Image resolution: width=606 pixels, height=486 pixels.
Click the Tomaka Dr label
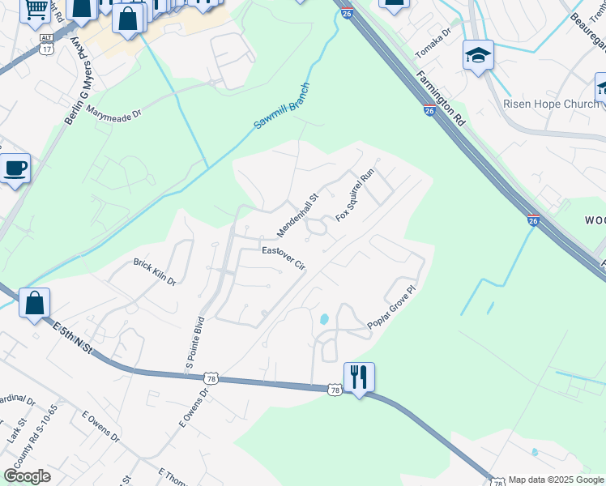click(433, 45)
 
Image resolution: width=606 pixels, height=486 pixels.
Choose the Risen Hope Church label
click(551, 104)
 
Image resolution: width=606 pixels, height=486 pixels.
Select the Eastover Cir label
click(283, 258)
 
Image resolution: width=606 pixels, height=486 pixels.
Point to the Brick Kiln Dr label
click(155, 271)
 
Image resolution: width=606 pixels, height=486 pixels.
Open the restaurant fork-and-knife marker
click(359, 377)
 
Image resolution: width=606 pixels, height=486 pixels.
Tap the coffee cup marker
click(15, 168)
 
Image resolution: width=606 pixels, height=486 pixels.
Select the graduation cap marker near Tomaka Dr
click(478, 55)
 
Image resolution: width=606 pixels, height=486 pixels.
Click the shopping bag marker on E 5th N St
click(34, 304)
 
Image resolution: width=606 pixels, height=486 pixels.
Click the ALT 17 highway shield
click(47, 44)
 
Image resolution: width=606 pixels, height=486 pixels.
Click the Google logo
click(27, 476)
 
